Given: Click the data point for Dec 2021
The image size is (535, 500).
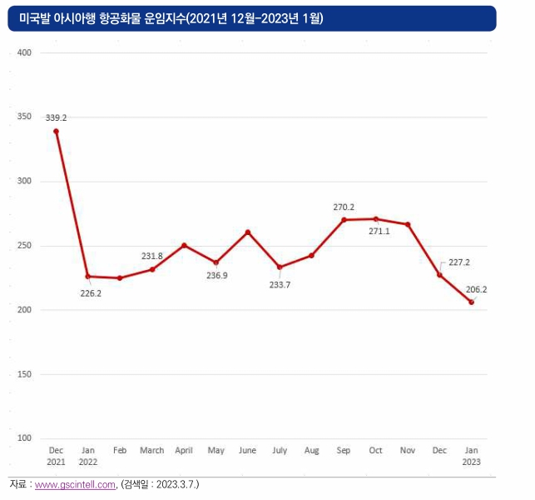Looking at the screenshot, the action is point(57,132).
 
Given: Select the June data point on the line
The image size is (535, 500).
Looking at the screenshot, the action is point(248,232).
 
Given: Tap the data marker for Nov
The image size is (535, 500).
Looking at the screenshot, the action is point(408,224).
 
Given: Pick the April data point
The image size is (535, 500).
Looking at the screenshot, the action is point(184,245).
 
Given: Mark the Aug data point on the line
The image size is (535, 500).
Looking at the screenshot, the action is point(311,256).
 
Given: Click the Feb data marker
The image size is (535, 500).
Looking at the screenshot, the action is point(120,278).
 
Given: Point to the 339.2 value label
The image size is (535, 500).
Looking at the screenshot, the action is point(57,117).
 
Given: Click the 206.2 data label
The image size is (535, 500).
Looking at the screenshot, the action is point(476,289).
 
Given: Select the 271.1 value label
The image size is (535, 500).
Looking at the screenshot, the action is point(379,232).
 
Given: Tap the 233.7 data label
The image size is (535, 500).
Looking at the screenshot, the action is point(280,285).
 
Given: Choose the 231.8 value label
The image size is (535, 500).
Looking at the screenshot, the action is point(152,257).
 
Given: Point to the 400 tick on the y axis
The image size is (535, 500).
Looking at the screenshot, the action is point(24,52).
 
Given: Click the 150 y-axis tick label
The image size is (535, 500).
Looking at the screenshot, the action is point(24,374).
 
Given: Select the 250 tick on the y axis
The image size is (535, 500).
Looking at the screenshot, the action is point(24,245).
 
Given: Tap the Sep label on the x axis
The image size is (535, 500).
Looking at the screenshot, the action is point(344,451).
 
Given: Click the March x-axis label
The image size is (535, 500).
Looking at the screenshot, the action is point(152,451).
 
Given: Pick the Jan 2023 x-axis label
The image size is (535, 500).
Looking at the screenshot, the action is point(472,456).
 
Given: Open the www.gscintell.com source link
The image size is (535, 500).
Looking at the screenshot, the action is point(75,485).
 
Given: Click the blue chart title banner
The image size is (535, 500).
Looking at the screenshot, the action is point(252,18).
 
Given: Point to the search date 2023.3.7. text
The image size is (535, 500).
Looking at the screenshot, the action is point(177,484).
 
